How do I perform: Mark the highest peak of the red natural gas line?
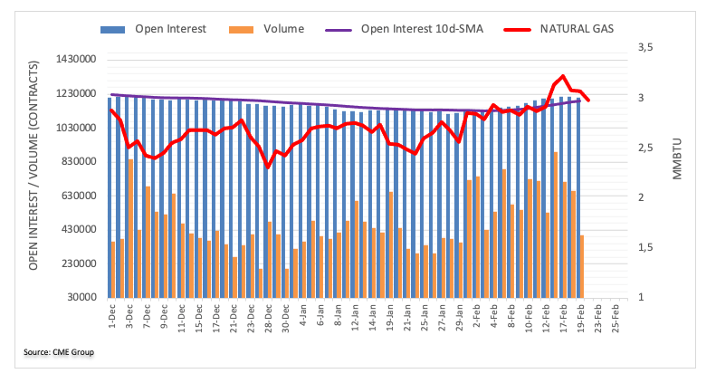coord(563,76)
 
